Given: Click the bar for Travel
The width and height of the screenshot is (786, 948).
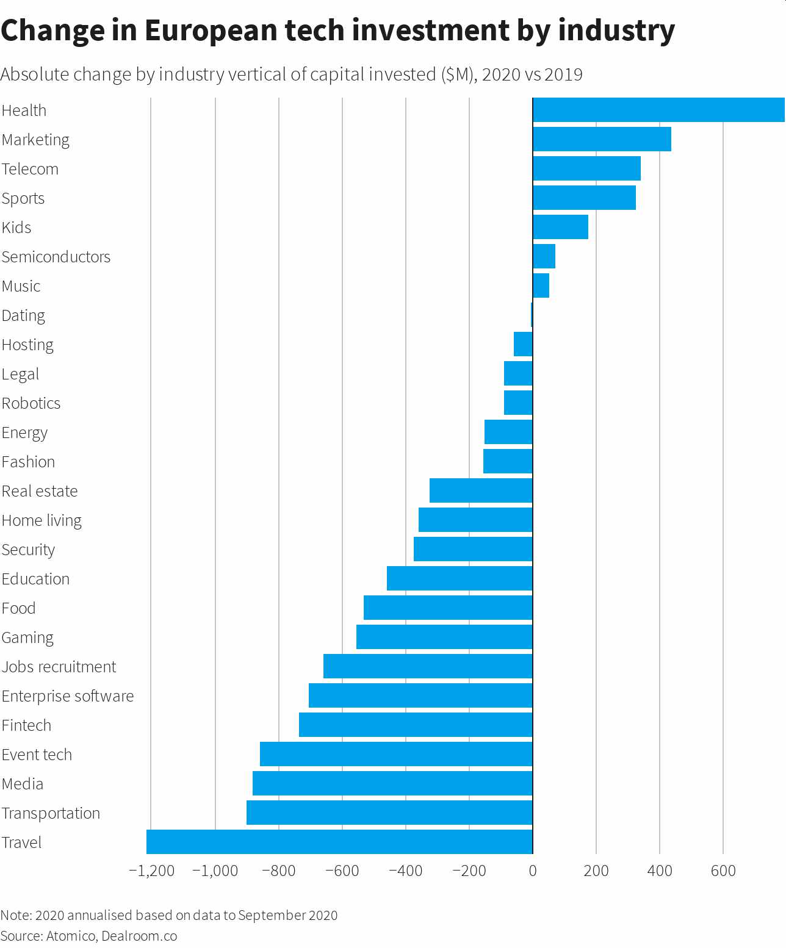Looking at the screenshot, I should pos(339,842).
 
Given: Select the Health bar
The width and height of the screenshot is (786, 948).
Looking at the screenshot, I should pos(658,110).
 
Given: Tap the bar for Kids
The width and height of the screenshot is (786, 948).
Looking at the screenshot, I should pos(560,227).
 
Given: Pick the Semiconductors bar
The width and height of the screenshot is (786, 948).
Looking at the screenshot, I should pos(544,256).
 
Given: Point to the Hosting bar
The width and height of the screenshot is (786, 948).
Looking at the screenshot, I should pos(523,344).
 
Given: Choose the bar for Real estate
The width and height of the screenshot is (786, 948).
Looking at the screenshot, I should pos(481,490).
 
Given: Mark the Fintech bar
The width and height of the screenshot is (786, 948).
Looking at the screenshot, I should pos(416,725).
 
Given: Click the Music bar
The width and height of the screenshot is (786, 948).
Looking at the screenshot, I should pos(541,285).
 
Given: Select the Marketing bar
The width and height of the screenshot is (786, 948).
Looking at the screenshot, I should pos(602,139).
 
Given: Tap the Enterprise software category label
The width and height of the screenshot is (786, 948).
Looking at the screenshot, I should pos(68,696).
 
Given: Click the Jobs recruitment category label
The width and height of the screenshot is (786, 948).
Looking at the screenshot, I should pos(59,667).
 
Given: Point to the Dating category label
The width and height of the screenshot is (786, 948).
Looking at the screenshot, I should pos(23,315).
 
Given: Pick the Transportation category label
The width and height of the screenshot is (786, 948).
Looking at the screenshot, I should pos(51,813).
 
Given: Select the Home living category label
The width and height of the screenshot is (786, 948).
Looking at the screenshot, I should pos(41,520).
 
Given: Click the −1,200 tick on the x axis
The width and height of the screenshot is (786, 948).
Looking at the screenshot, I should pos(152,871).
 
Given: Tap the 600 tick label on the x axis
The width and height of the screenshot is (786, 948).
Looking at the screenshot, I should pos(723,871).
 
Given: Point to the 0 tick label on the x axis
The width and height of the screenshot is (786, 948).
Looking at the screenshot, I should pos(533,871).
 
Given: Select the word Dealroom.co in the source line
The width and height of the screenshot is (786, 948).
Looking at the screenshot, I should pos(139,936).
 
